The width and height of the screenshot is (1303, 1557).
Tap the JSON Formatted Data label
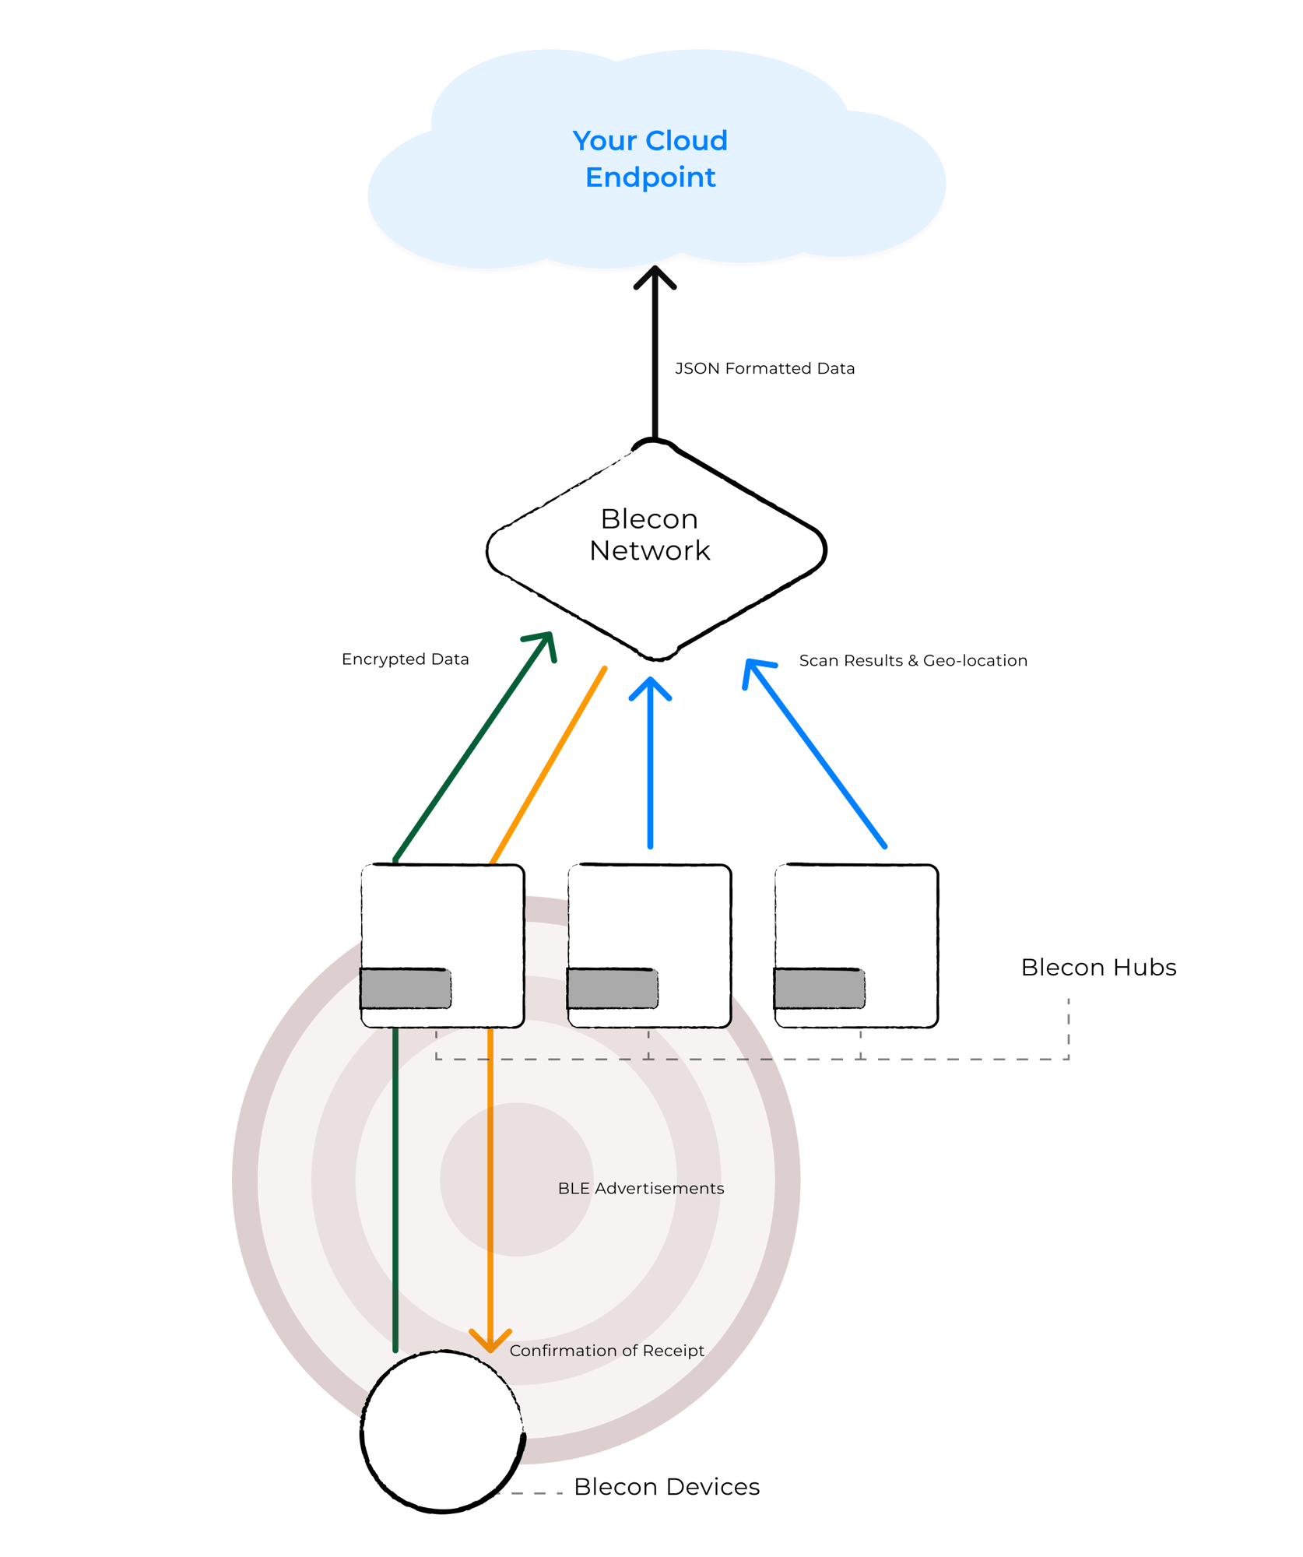pyautogui.click(x=764, y=368)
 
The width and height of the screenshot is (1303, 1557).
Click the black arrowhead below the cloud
pyautogui.click(x=655, y=277)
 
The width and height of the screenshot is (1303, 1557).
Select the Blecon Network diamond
pyautogui.click(x=655, y=550)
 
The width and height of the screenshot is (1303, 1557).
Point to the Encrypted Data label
pyautogui.click(x=405, y=659)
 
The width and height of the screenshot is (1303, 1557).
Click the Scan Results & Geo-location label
pyautogui.click(x=912, y=660)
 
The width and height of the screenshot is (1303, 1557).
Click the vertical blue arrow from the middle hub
pyautogui.click(x=651, y=763)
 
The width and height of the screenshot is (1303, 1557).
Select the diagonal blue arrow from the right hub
pyautogui.click(x=817, y=755)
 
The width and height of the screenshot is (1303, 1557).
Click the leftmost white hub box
pyautogui.click(x=442, y=919)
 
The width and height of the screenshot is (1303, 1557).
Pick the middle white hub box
pyautogui.click(x=649, y=919)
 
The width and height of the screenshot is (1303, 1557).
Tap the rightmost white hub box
pyautogui.click(x=856, y=919)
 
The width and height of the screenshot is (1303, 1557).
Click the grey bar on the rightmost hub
pyautogui.click(x=819, y=989)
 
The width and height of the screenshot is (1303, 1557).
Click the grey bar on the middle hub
pyautogui.click(x=613, y=989)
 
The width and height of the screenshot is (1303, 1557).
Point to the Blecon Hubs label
pyautogui.click(x=1098, y=967)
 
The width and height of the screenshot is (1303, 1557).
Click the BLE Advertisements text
pyautogui.click(x=641, y=1188)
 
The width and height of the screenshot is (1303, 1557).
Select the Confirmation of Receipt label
pyautogui.click(x=606, y=1350)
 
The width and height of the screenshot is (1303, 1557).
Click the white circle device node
pyautogui.click(x=442, y=1431)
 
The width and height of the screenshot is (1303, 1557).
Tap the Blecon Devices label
pyautogui.click(x=666, y=1486)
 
